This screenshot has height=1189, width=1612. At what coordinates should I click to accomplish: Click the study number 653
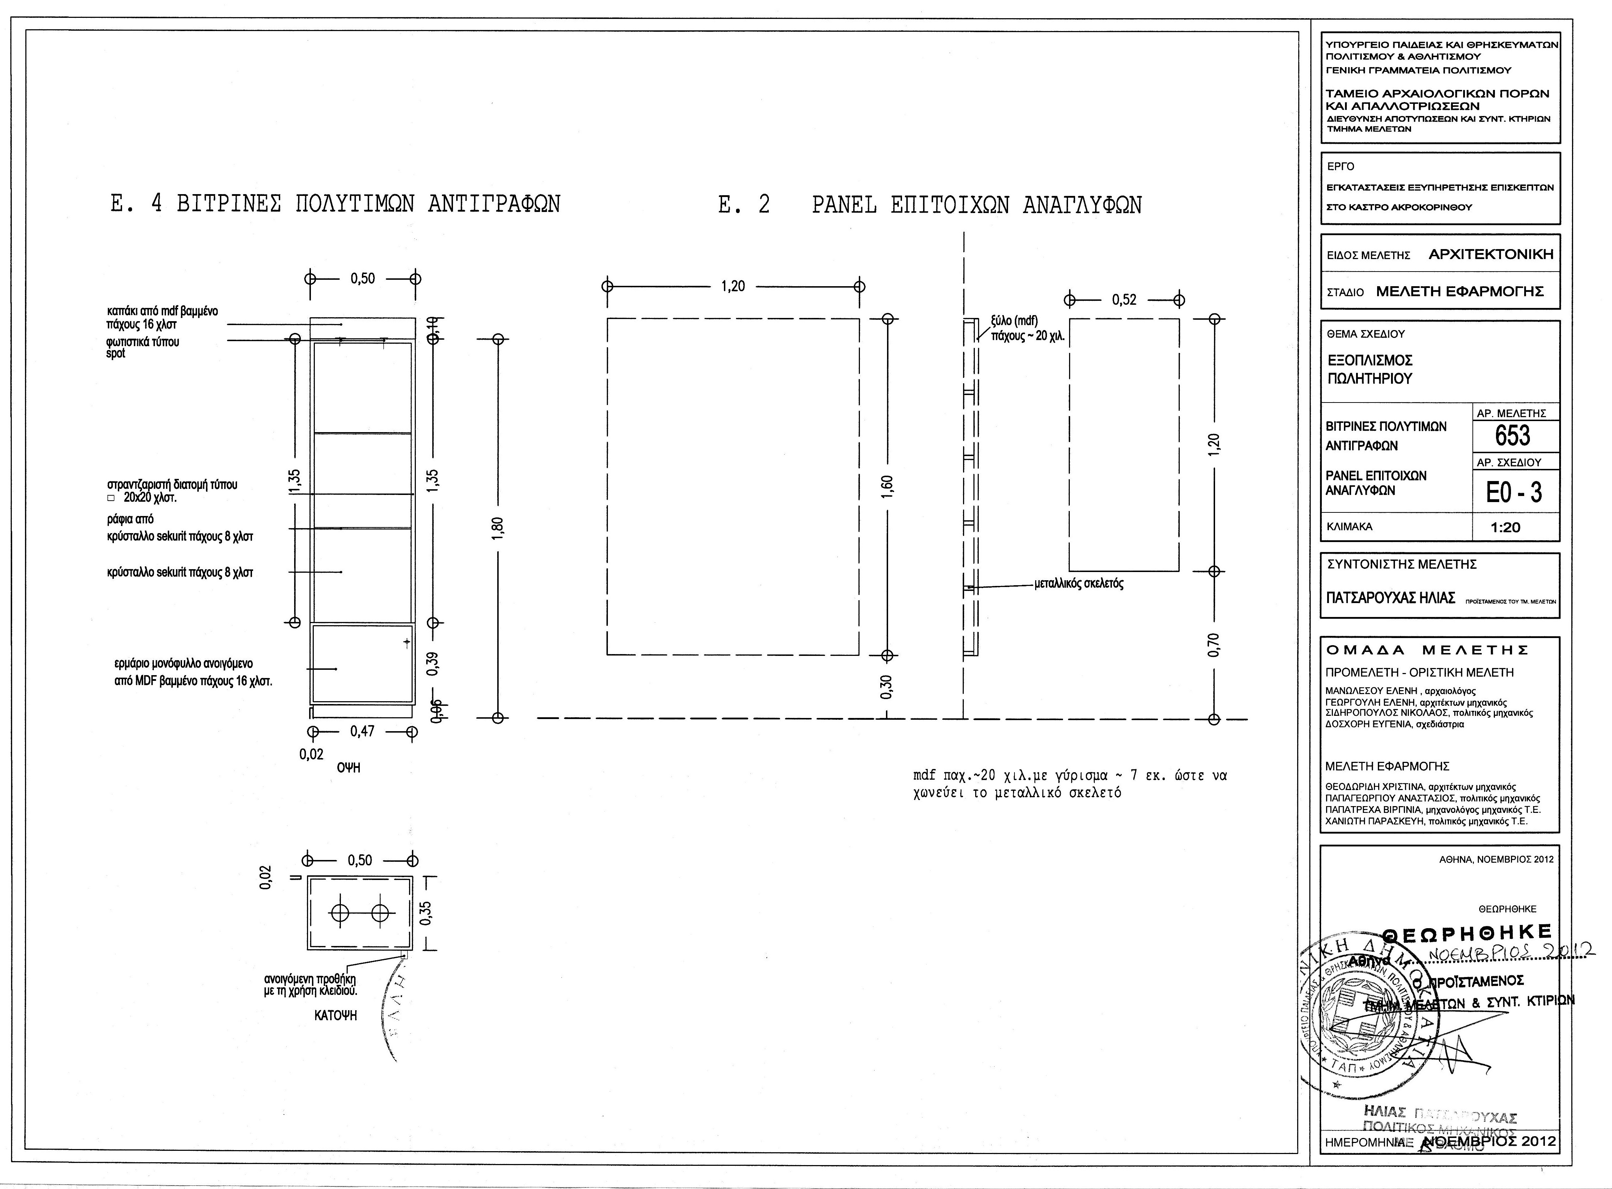(x=1513, y=436)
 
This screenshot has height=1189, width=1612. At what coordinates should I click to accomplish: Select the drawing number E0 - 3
(x=1514, y=492)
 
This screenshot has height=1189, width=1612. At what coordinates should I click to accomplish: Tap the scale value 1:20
(x=1505, y=527)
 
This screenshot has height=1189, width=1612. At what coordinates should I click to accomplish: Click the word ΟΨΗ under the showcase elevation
(x=348, y=768)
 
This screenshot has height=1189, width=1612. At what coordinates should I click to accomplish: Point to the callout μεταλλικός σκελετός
(x=1078, y=584)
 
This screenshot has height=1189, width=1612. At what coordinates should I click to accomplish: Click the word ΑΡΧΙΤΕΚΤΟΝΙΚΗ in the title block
(x=1490, y=254)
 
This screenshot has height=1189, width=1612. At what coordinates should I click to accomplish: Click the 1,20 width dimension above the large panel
(x=733, y=287)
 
